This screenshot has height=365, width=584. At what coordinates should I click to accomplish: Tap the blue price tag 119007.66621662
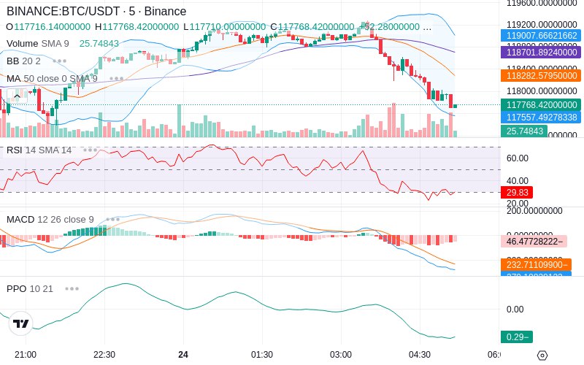[540, 35]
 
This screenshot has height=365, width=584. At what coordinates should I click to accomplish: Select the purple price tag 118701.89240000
[540, 53]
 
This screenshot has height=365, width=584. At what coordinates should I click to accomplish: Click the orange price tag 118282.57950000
[540, 75]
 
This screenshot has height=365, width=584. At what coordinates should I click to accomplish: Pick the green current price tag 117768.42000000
[540, 105]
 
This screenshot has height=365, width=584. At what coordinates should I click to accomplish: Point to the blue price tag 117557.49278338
[540, 117]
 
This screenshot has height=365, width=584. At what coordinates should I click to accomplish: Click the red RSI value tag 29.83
[517, 192]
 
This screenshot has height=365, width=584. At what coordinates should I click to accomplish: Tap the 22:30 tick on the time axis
[104, 354]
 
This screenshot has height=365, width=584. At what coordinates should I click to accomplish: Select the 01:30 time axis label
[262, 354]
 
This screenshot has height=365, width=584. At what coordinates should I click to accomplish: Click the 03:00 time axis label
[341, 354]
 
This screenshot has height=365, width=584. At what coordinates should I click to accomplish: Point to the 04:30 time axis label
[420, 354]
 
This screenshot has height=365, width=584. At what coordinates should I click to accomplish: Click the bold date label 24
[183, 354]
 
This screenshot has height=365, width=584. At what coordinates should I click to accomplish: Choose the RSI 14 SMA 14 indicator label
[39, 150]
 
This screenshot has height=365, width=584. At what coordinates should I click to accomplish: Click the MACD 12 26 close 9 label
[50, 219]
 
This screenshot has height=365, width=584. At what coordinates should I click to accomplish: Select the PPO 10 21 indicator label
[30, 288]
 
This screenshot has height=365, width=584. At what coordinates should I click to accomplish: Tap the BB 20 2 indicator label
[23, 61]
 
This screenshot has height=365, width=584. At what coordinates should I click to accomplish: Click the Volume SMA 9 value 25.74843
[99, 43]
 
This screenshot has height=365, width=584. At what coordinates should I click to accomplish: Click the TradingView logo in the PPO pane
[21, 323]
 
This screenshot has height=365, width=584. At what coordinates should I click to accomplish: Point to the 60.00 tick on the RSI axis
[518, 158]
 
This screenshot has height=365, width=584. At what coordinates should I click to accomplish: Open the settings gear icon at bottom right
[542, 355]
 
